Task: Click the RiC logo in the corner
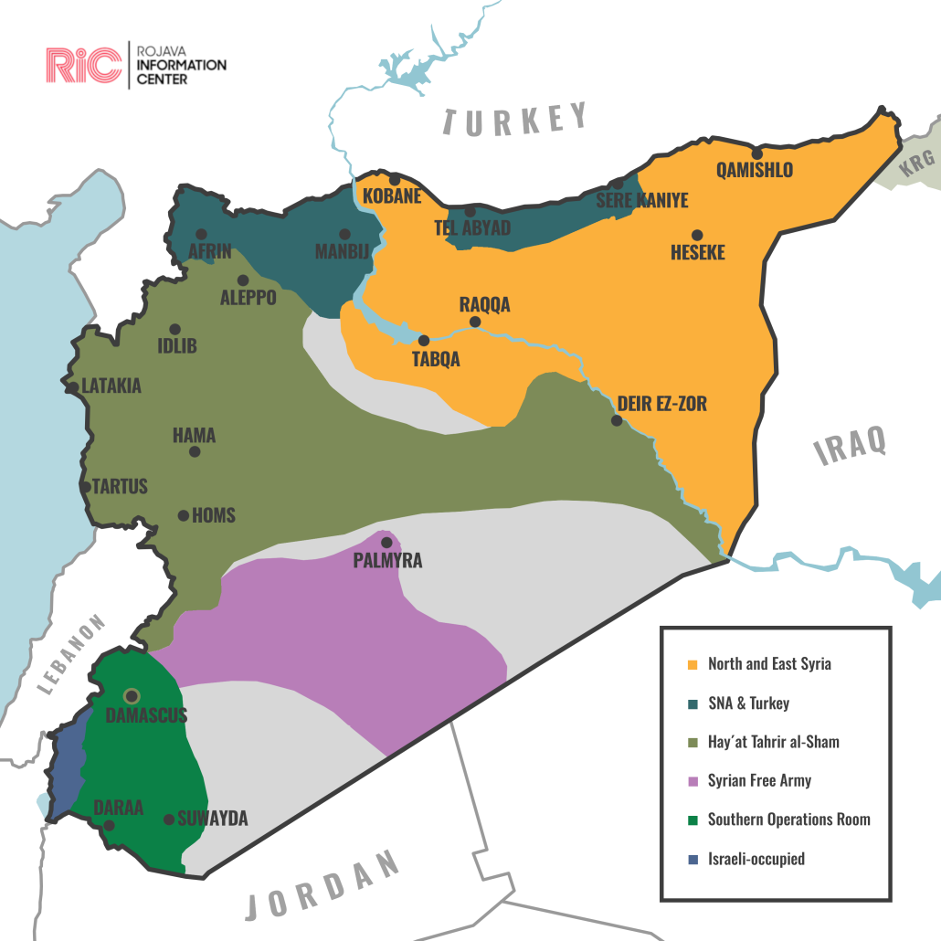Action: point(83,63)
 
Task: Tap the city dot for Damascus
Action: point(132,696)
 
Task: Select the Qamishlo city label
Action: point(755,170)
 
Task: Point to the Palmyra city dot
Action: point(386,543)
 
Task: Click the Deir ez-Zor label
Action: point(661,403)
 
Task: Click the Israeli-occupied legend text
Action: point(756,859)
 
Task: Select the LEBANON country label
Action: point(72,654)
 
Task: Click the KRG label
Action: point(917,164)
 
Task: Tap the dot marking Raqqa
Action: point(474,322)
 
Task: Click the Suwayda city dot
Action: point(169,819)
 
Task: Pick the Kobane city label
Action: point(392,196)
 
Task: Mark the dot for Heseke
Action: point(697,235)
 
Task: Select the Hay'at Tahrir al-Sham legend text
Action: point(773,742)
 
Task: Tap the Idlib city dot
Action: point(174,329)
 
